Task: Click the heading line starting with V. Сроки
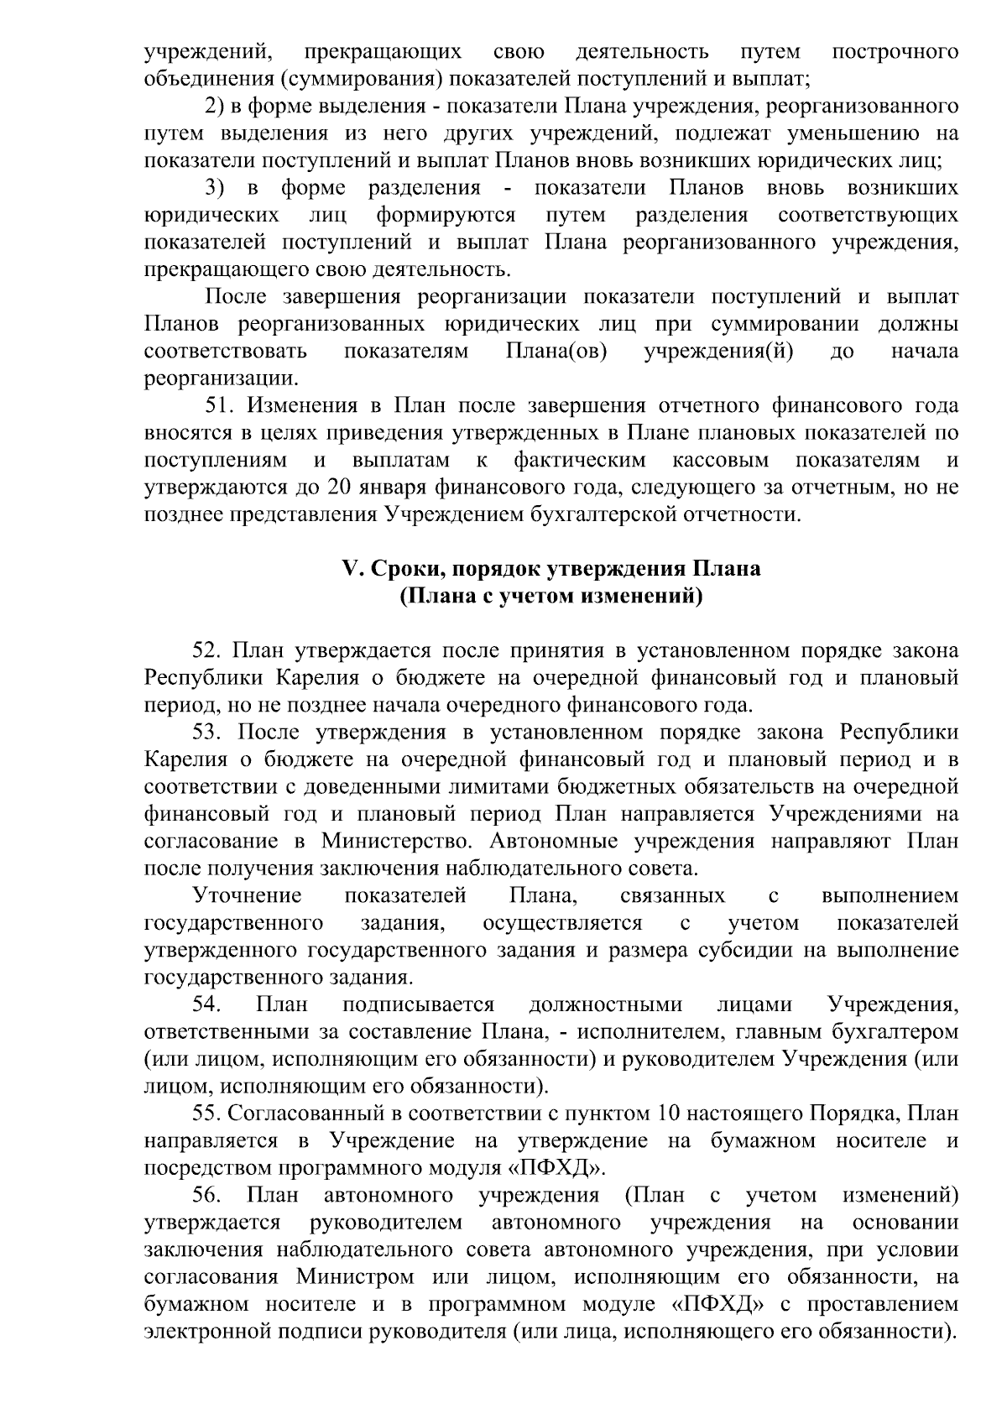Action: pyautogui.click(x=550, y=569)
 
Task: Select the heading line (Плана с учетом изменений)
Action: pyautogui.click(x=550, y=597)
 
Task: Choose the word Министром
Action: pyautogui.click(x=354, y=1277)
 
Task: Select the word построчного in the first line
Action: pyautogui.click(x=895, y=52)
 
